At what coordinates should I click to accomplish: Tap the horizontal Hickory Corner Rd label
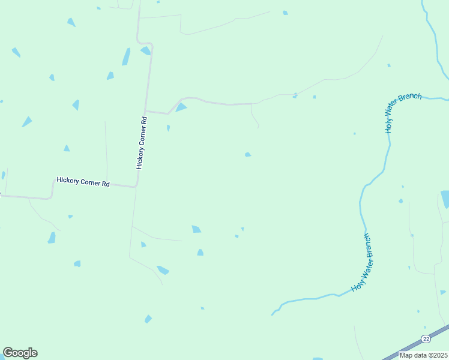pos(83,180)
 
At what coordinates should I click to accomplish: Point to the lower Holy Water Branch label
pos(363,262)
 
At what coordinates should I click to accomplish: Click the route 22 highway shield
pos(426,339)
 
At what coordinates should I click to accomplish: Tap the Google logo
pos(20,353)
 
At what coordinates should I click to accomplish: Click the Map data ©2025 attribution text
pos(424,355)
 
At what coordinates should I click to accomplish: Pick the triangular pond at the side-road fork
pos(181,107)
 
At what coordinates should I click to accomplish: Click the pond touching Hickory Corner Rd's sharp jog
pos(146,51)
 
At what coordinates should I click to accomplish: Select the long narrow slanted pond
pos(126,56)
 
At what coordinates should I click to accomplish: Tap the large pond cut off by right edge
pos(445,199)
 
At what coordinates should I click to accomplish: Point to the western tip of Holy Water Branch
pos(273,313)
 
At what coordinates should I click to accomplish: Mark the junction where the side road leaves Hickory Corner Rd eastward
pos(145,111)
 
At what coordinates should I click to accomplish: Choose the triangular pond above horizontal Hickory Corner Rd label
pos(67,148)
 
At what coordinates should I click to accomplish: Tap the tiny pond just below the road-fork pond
pos(168,128)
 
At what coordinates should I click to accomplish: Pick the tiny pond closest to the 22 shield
pos(418,311)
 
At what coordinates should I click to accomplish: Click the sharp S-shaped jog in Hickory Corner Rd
pos(144,43)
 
